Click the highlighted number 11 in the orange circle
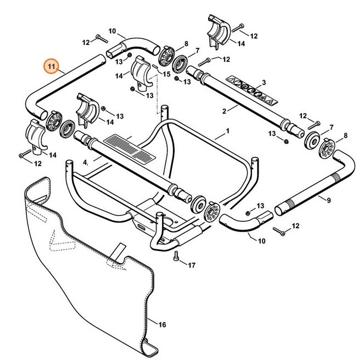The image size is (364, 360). point(51,67)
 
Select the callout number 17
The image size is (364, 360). point(191,266)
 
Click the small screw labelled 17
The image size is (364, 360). point(175,255)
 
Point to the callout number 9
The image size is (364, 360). point(328,200)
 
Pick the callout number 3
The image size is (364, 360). point(264,82)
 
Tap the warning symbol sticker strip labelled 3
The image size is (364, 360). point(254,91)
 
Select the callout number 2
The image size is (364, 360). point(223,111)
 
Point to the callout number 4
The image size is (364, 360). point(85,163)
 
